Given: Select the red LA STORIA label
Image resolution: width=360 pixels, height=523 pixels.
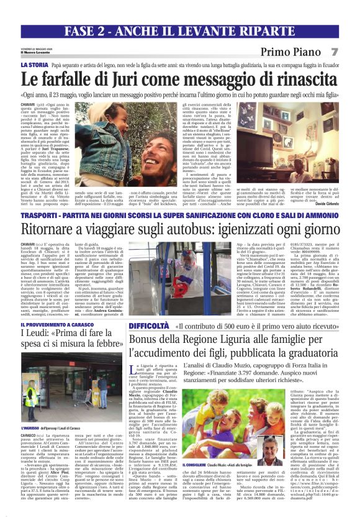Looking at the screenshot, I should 34,65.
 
